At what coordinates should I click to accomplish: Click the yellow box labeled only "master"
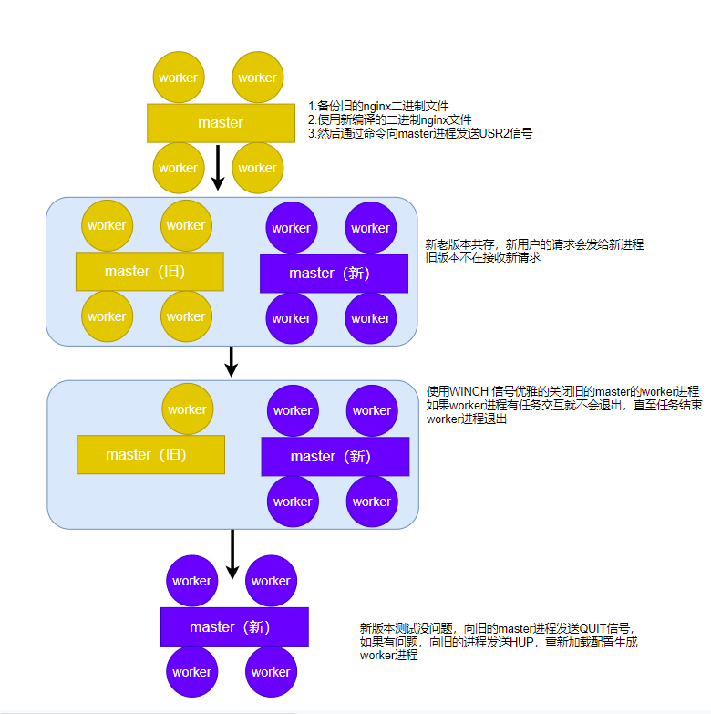pos(221,122)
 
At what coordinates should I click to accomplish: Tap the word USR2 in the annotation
pos(491,133)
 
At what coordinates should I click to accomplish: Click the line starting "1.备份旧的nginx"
pos(378,106)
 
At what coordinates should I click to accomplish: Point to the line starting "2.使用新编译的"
pos(389,119)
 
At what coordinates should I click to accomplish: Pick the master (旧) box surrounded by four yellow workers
pos(149,271)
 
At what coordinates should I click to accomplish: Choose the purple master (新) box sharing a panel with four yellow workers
pos(333,273)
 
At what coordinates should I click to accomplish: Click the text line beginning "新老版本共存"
pos(534,244)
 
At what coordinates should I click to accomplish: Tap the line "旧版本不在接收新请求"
pos(483,258)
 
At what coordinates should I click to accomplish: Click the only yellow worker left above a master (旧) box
pos(187,409)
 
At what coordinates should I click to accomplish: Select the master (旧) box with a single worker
pos(149,454)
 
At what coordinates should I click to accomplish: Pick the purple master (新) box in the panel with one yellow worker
pos(335,456)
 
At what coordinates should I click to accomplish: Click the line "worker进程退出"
pos(467,419)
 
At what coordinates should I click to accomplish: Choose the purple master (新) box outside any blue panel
pos(234,626)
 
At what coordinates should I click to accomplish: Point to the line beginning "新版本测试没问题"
pos(497,628)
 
